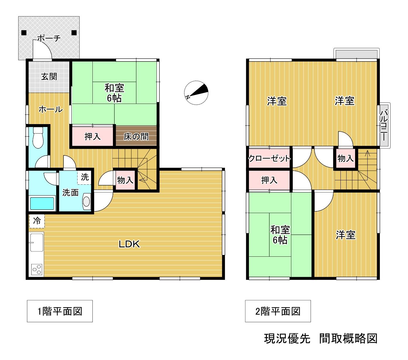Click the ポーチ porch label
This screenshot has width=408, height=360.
pyautogui.click(x=49, y=38)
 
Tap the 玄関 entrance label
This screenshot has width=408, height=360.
pyautogui.click(x=49, y=76)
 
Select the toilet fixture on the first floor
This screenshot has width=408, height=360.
pyautogui.click(x=38, y=138)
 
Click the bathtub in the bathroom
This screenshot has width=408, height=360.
pyautogui.click(x=42, y=203)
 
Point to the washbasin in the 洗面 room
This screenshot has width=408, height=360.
pyautogui.click(x=86, y=201)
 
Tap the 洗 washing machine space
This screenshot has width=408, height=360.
pyautogui.click(x=85, y=177)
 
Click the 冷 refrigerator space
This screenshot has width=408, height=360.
pyautogui.click(x=37, y=221)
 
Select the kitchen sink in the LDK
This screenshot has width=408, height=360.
pyautogui.click(x=37, y=242)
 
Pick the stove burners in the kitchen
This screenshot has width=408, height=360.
pyautogui.click(x=37, y=270)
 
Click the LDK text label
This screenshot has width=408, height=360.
pyautogui.click(x=129, y=244)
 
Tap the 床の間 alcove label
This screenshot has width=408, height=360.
pyautogui.click(x=136, y=137)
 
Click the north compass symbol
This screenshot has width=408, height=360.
pyautogui.click(x=196, y=93)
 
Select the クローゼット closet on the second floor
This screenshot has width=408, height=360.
pyautogui.click(x=269, y=158)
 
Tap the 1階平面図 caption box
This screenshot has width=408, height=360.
pyautogui.click(x=60, y=311)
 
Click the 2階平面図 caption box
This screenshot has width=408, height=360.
pyautogui.click(x=278, y=311)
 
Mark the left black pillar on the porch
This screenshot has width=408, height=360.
pyautogui.click(x=24, y=33)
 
